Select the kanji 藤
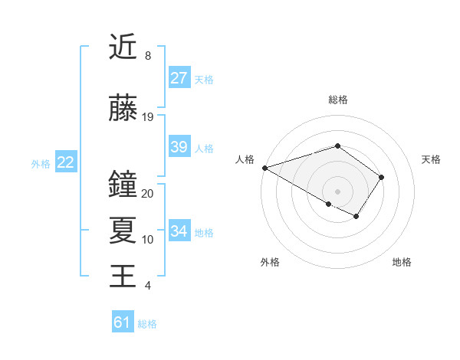pyautogui.click(x=123, y=108)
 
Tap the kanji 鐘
pyautogui.click(x=123, y=185)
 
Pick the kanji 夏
pyautogui.click(x=123, y=231)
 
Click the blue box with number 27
pyautogui.click(x=179, y=78)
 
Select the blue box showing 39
pyautogui.click(x=179, y=147)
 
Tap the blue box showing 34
pyautogui.click(x=179, y=231)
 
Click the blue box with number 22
pyautogui.click(x=65, y=162)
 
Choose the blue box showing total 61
pyautogui.click(x=123, y=322)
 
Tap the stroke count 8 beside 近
pyautogui.click(x=147, y=56)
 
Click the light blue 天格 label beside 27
pyautogui.click(x=204, y=79)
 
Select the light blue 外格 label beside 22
pyautogui.click(x=41, y=163)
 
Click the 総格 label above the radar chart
pyautogui.click(x=337, y=100)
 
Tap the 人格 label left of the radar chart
pyautogui.click(x=245, y=159)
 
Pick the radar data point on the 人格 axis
pyautogui.click(x=264, y=168)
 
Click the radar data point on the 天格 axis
pyautogui.click(x=381, y=177)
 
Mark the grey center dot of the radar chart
pyautogui.click(x=337, y=191)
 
